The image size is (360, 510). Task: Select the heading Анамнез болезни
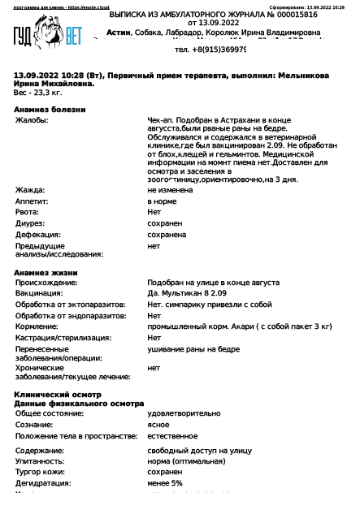pyautogui.click(x=50, y=109)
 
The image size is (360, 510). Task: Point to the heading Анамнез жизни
pyautogui.click(x=46, y=272)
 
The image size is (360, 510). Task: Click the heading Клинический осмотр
pyautogui.click(x=56, y=394)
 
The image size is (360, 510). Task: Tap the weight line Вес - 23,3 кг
pyautogui.click(x=37, y=93)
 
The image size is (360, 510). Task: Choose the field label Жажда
pyautogui.click(x=30, y=190)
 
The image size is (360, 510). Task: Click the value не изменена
pyautogui.click(x=170, y=190)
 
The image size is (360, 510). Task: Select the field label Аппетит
pyautogui.click(x=33, y=201)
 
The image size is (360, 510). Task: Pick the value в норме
pyautogui.click(x=161, y=201)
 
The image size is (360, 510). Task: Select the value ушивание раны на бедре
pyautogui.click(x=193, y=348)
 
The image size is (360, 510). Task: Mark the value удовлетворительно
pyautogui.click(x=184, y=413)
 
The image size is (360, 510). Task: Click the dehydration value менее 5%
pyautogui.click(x=165, y=483)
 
